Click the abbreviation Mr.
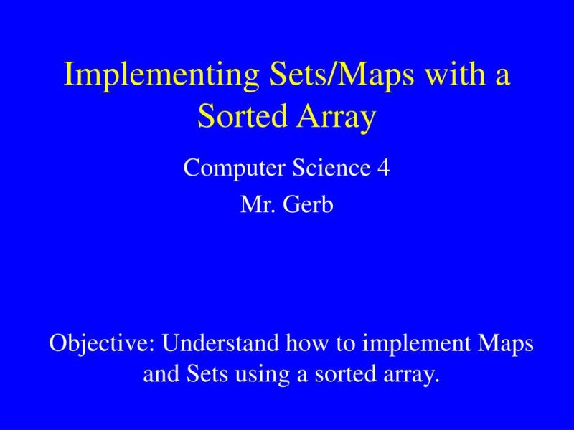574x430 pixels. coord(255,205)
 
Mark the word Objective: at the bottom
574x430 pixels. coord(102,344)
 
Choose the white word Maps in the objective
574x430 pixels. coord(505,345)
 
